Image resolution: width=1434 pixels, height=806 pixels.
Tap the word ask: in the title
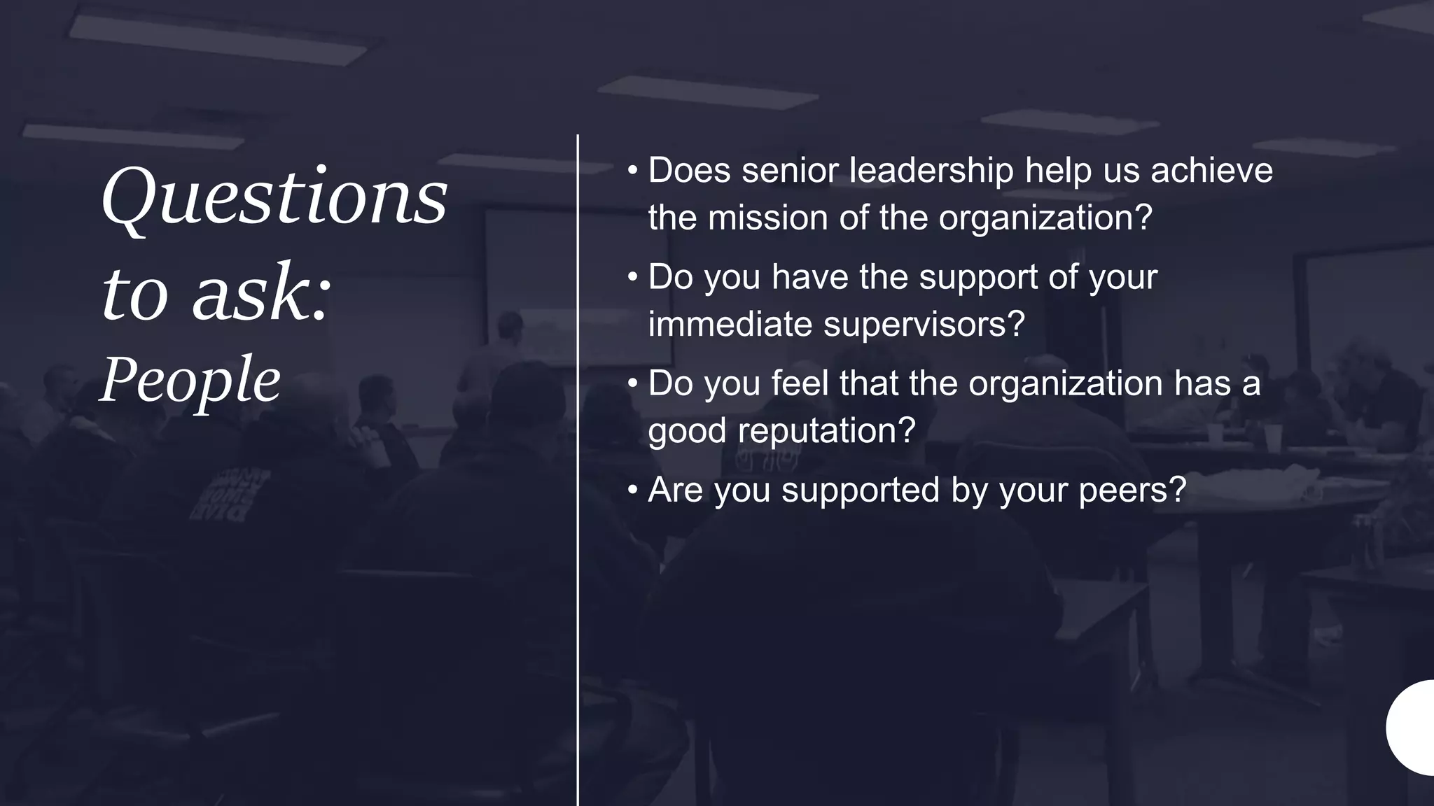click(261, 294)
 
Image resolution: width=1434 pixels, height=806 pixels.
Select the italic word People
click(190, 381)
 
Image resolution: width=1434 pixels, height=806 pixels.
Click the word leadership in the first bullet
click(931, 171)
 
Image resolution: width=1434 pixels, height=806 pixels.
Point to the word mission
click(768, 218)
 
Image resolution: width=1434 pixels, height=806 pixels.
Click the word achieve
click(1211, 171)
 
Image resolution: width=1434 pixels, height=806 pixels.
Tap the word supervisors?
click(924, 324)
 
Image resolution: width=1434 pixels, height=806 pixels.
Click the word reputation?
click(826, 430)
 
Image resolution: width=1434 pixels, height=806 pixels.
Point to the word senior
click(789, 171)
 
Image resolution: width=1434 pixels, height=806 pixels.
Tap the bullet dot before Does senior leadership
click(632, 171)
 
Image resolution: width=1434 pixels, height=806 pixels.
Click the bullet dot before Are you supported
click(632, 490)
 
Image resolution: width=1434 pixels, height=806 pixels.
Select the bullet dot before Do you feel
click(632, 383)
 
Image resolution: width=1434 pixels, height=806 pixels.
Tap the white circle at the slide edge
click(1413, 727)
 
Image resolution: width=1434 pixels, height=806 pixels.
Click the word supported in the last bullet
click(861, 490)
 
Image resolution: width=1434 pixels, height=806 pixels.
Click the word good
click(687, 430)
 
